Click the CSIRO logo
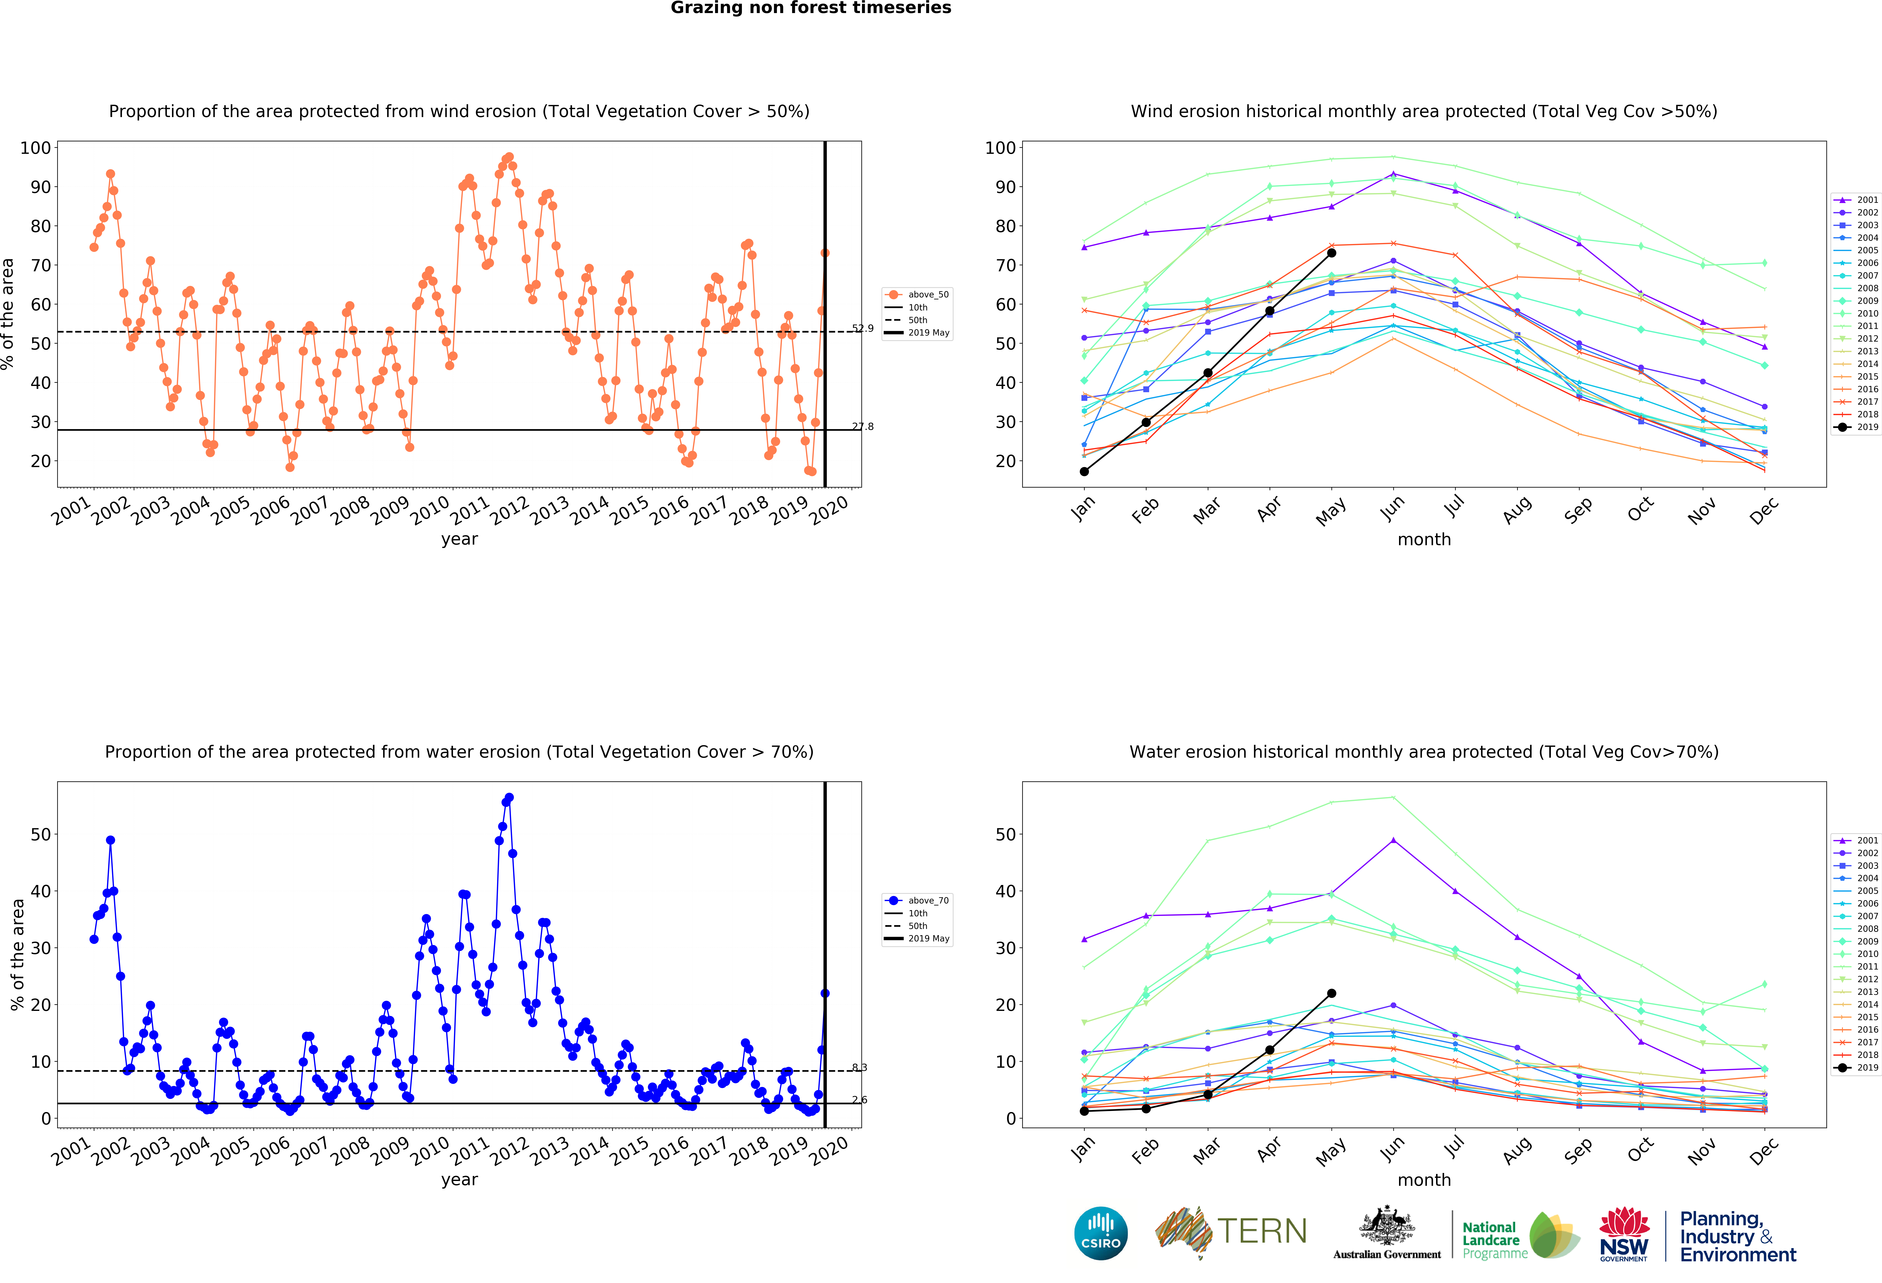pyautogui.click(x=1101, y=1234)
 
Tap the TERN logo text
pyautogui.click(x=1262, y=1231)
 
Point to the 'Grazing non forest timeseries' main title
pyautogui.click(x=811, y=8)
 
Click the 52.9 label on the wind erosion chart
pyautogui.click(x=862, y=328)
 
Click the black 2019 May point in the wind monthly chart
pyautogui.click(x=1331, y=253)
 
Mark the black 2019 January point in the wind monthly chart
pyautogui.click(x=1084, y=471)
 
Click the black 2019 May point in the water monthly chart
pyautogui.click(x=1331, y=993)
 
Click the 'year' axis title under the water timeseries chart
pyautogui.click(x=459, y=1179)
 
